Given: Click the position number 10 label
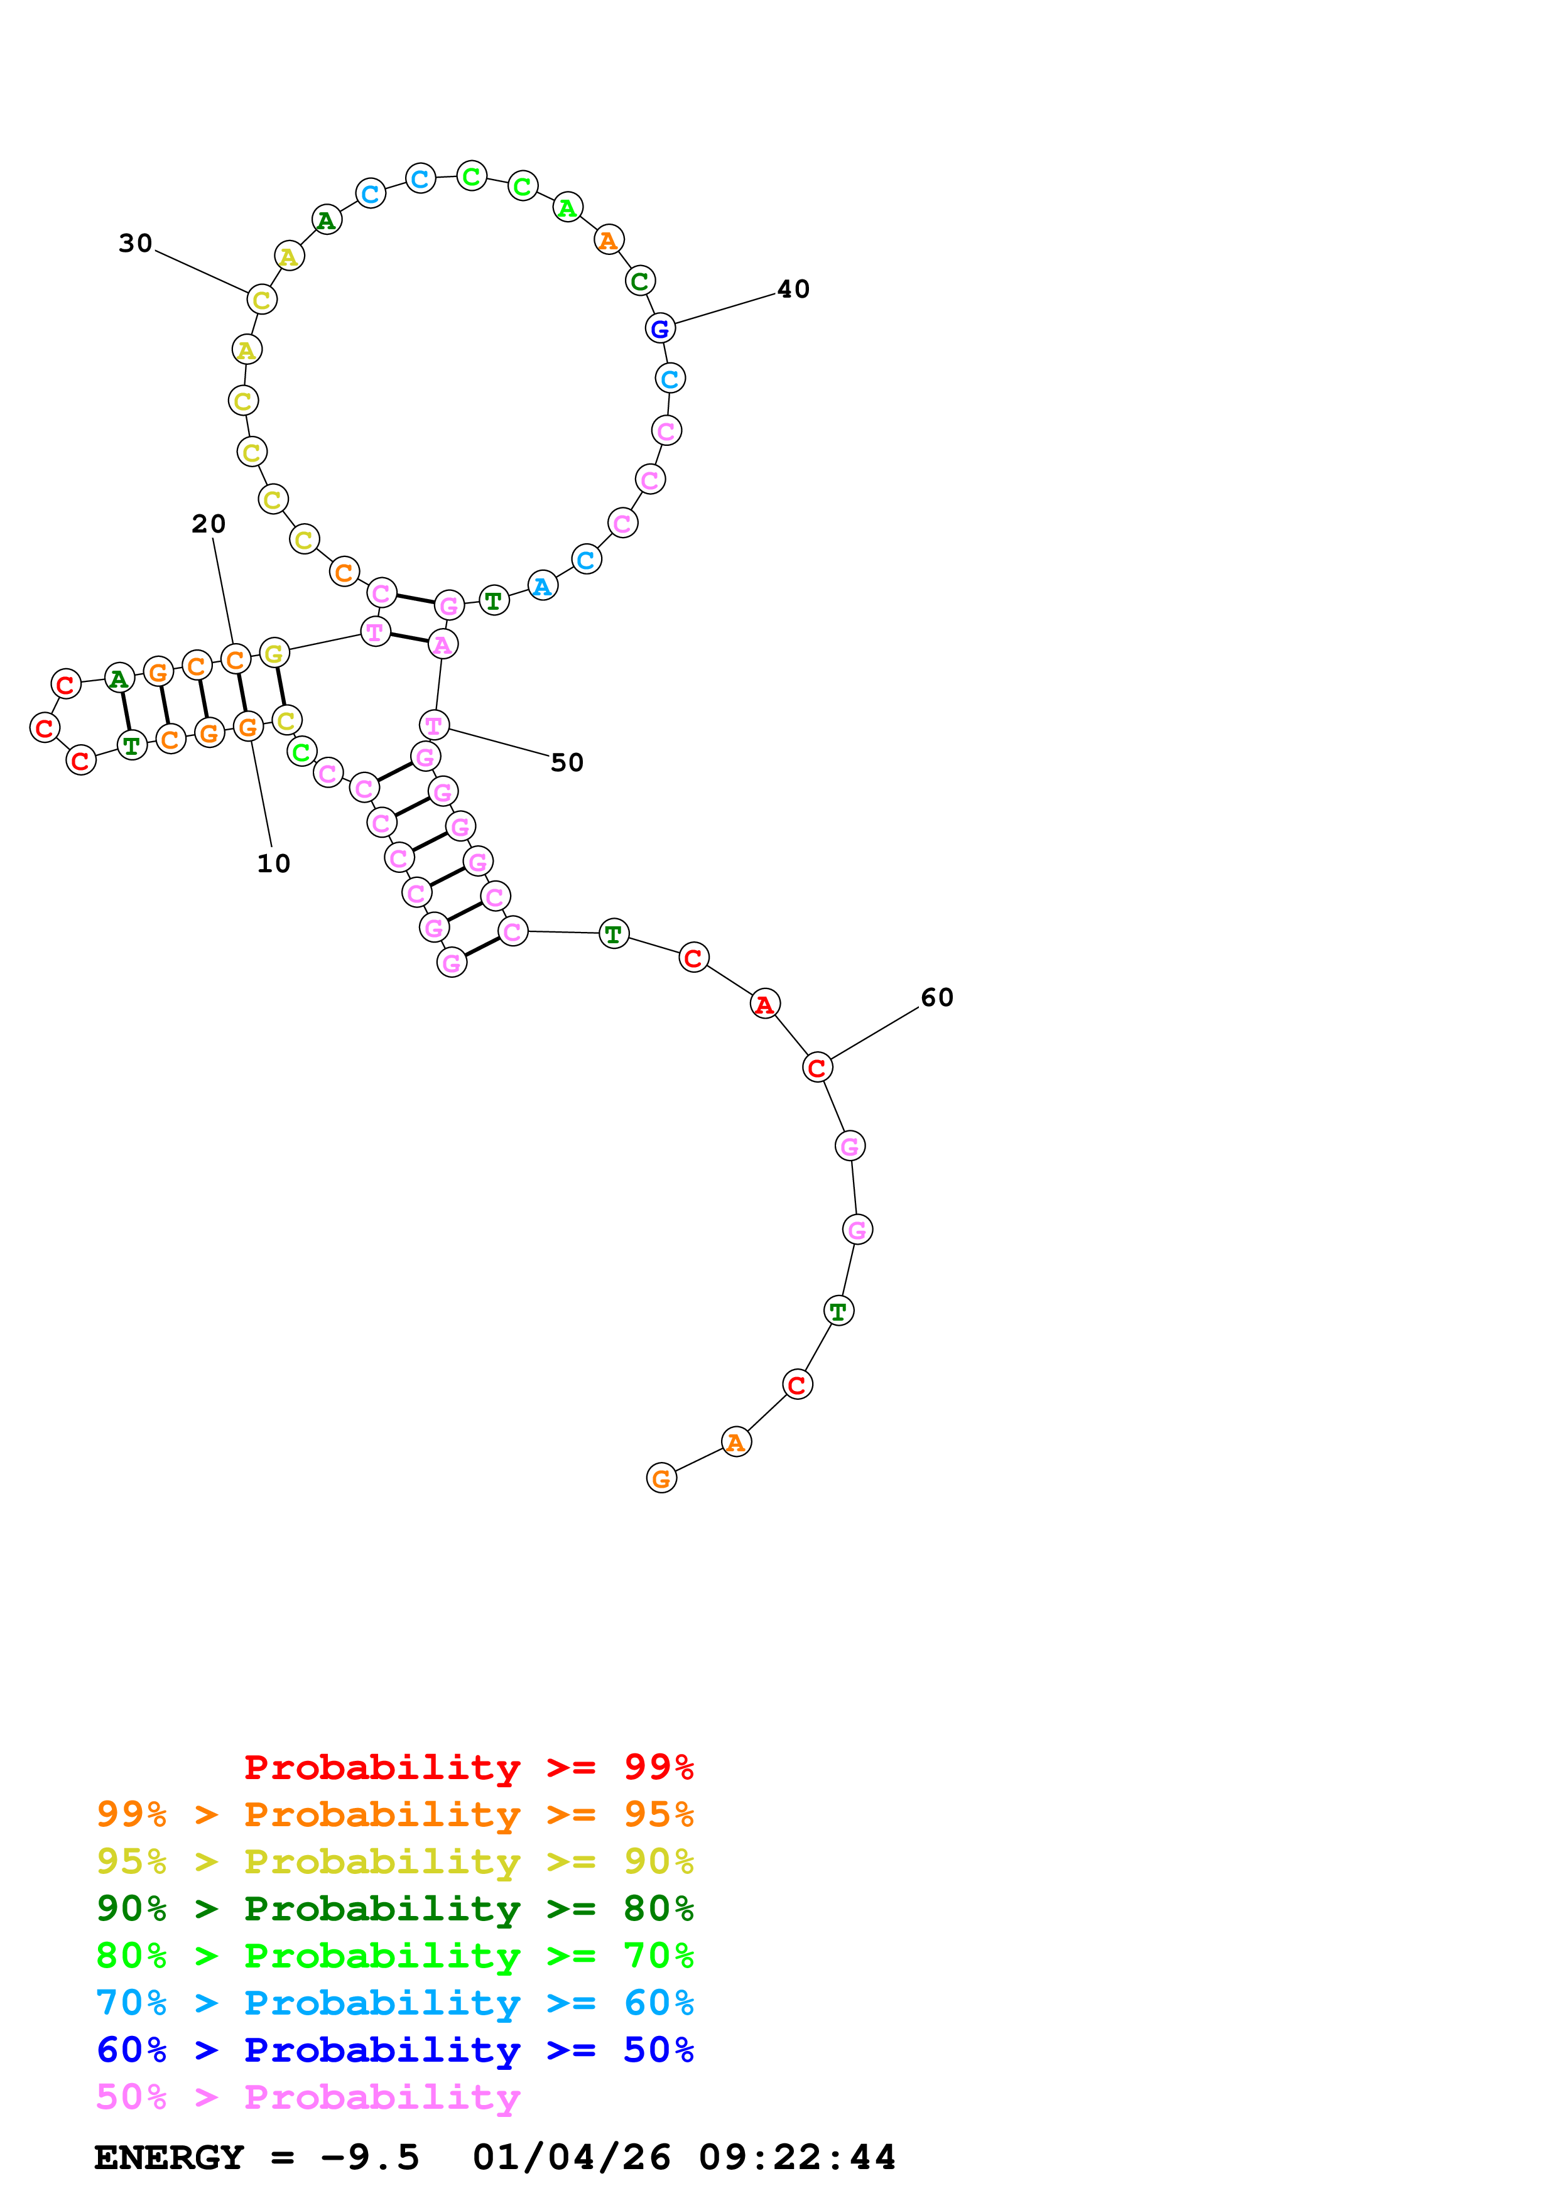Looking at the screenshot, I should pyautogui.click(x=273, y=863).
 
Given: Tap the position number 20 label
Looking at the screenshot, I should pyautogui.click(x=208, y=524).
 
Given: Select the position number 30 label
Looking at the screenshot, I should pyautogui.click(x=135, y=244).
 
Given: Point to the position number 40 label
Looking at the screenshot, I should pyautogui.click(x=793, y=289).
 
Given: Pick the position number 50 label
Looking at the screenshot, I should pyautogui.click(x=567, y=763).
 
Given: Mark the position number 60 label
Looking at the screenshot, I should pyautogui.click(x=937, y=998).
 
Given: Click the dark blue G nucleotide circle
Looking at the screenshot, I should pyautogui.click(x=660, y=328).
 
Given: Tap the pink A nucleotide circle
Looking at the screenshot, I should pyautogui.click(x=442, y=645).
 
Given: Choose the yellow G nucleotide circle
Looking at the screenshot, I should pyautogui.click(x=274, y=653).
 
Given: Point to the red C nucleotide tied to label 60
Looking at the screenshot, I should pyautogui.click(x=817, y=1068).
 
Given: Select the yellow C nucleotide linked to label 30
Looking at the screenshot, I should pyautogui.click(x=261, y=300).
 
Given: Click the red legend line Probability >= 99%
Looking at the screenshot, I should pyautogui.click(x=468, y=1767).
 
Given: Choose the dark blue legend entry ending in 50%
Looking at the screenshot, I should pyautogui.click(x=394, y=2050).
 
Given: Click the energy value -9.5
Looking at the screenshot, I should pyautogui.click(x=369, y=2157).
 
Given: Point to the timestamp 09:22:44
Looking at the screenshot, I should pyautogui.click(x=796, y=2157).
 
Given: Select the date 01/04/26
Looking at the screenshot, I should pyautogui.click(x=571, y=2157).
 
